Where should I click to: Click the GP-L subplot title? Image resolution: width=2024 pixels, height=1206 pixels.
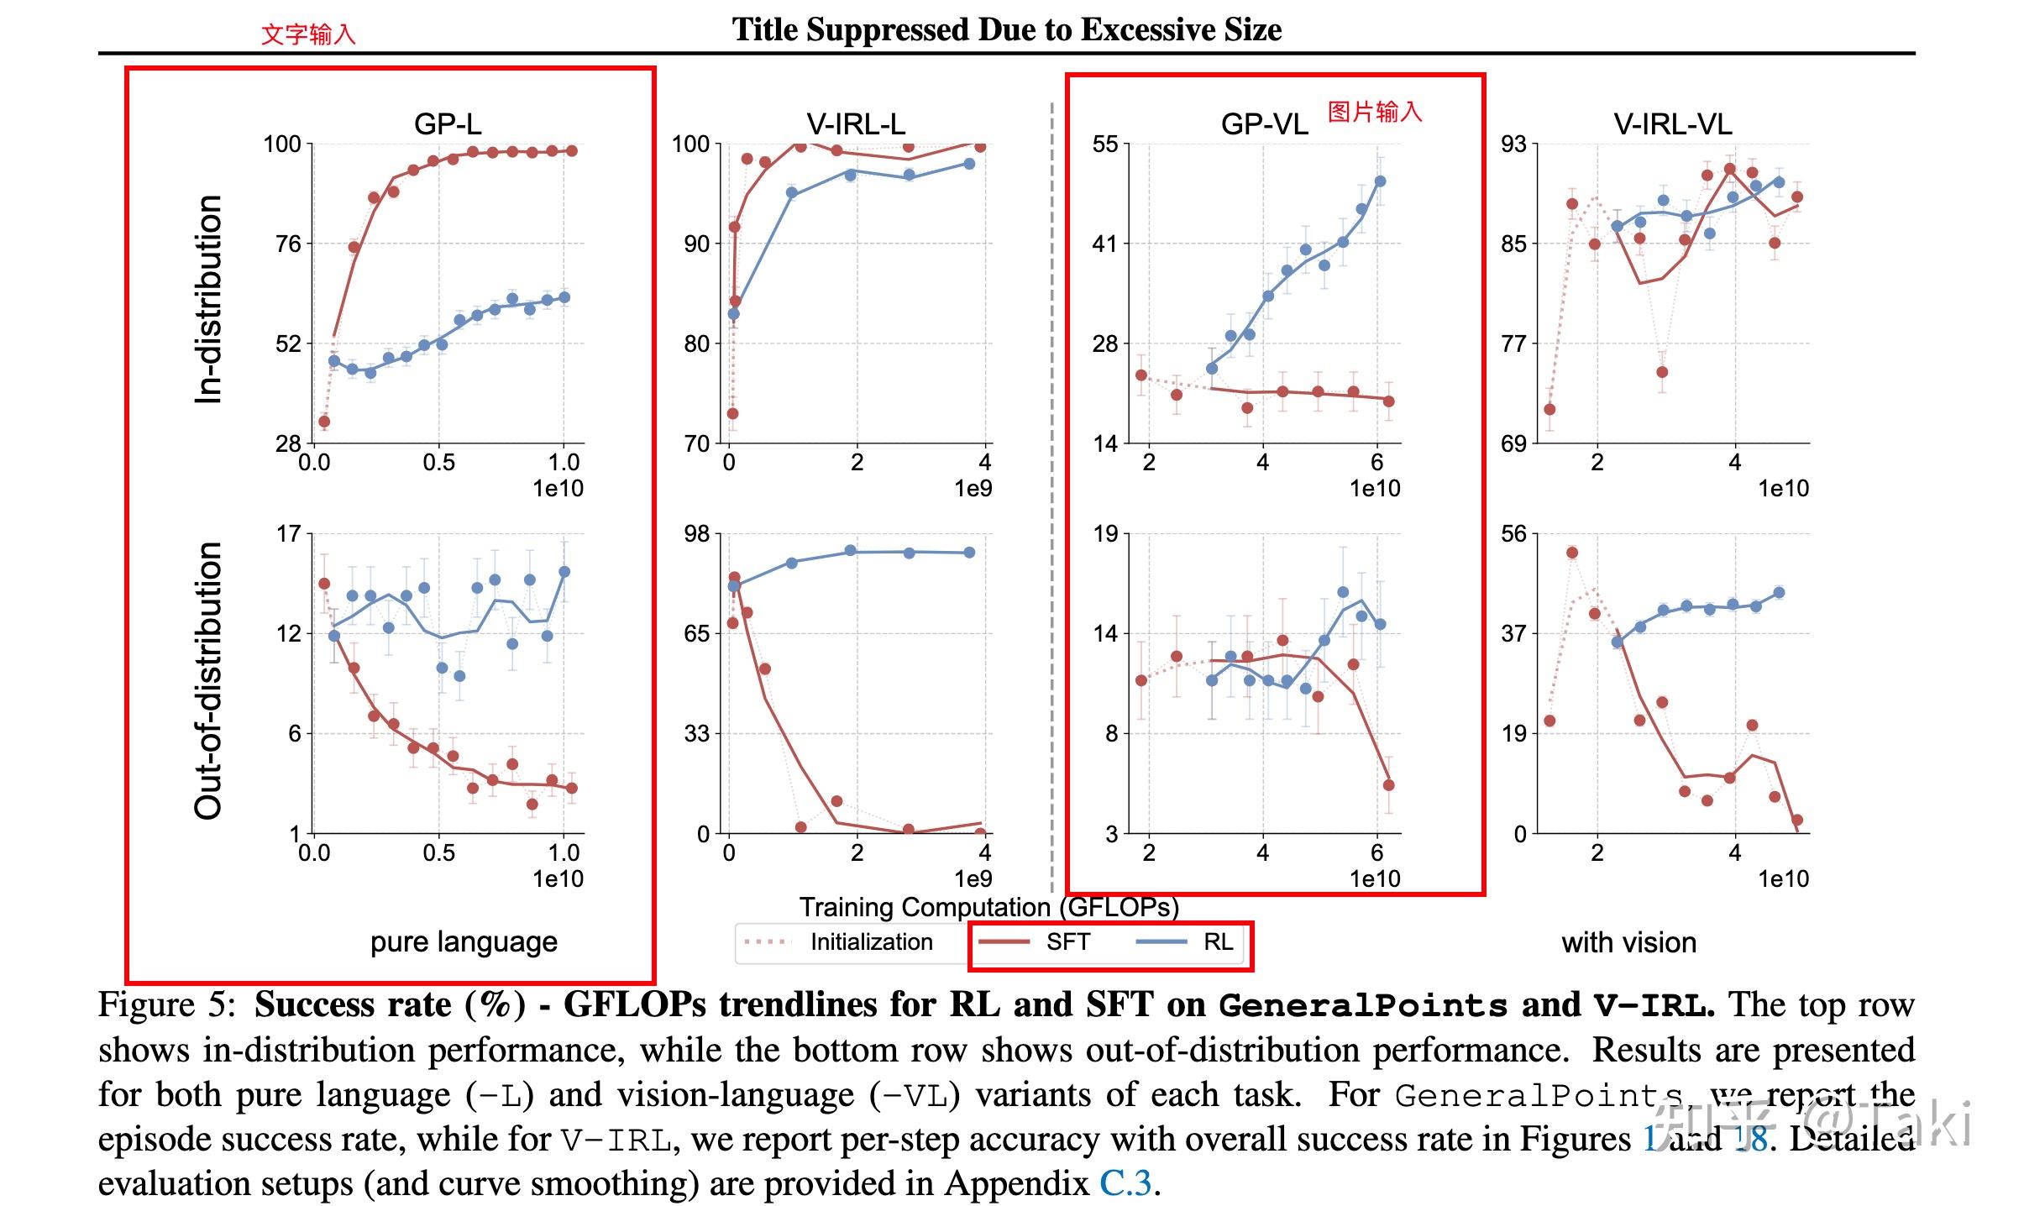(x=448, y=124)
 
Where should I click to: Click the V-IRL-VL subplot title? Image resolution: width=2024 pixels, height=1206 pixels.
(x=1672, y=124)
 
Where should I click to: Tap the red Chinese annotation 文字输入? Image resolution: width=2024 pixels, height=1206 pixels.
(x=308, y=34)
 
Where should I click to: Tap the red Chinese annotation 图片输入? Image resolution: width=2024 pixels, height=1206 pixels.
(x=1375, y=112)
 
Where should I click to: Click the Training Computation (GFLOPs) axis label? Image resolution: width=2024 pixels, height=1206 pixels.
(x=988, y=907)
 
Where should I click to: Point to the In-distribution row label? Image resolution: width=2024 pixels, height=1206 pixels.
(x=207, y=299)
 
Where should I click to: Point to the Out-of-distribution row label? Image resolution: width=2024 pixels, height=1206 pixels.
(x=207, y=680)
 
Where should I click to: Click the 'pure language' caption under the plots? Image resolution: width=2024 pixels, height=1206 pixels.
(x=464, y=942)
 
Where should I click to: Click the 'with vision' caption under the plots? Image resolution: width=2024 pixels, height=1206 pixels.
(x=1628, y=942)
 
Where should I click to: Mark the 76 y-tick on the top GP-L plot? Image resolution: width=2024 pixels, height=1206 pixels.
(x=288, y=244)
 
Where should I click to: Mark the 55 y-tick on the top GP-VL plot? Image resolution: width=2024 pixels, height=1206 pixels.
(x=1105, y=144)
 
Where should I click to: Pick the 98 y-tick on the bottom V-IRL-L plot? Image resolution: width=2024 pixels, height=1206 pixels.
(x=696, y=534)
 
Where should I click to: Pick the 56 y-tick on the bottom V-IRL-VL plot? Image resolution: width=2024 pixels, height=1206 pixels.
(x=1513, y=534)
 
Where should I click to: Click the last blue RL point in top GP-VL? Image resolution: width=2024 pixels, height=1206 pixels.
(x=1380, y=181)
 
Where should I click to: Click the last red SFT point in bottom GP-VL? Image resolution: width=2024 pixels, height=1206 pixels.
(x=1388, y=785)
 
